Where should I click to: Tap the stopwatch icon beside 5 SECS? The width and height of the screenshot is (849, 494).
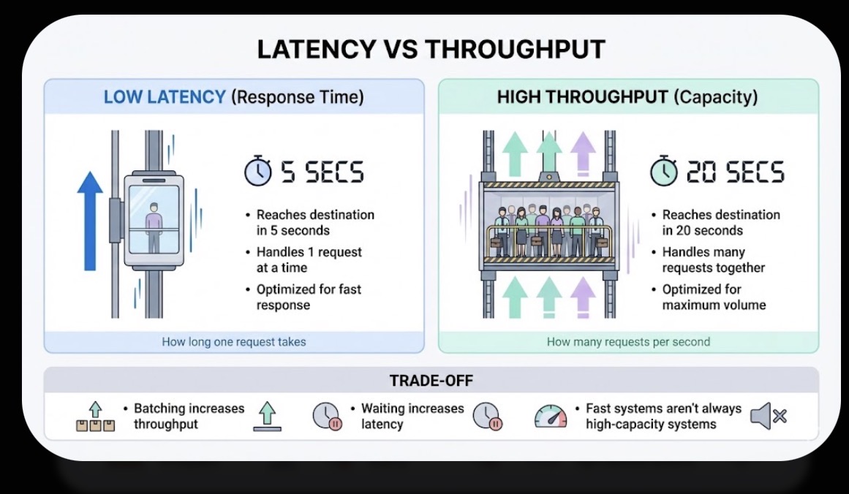[257, 172]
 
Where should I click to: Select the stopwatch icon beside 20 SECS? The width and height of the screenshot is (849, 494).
[664, 172]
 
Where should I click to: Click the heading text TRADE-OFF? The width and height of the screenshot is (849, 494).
[431, 381]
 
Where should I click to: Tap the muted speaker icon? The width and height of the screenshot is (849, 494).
[768, 416]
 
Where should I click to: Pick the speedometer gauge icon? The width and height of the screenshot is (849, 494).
[551, 416]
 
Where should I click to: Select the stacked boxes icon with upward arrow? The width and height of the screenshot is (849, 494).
[95, 418]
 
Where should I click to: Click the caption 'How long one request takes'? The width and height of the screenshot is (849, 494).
[234, 341]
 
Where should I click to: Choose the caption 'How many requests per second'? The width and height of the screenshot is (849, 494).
[628, 341]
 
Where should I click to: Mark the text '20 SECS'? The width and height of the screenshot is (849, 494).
[735, 173]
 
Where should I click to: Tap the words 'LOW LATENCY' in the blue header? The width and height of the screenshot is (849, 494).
[165, 97]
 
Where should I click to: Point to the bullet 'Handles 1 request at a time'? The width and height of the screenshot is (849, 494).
[309, 259]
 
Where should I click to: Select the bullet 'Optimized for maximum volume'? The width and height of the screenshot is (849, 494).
[714, 297]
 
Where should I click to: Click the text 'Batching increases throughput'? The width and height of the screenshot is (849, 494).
[189, 416]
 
